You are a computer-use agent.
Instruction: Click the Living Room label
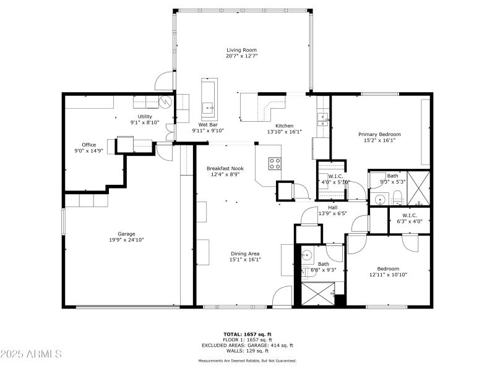coord(241,50)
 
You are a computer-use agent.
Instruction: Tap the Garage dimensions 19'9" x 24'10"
coord(126,240)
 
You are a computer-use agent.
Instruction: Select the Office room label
coord(89,145)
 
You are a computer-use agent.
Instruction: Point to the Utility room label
coord(145,116)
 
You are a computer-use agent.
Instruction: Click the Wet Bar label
coord(207,125)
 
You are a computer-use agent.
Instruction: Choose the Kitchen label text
coord(284,126)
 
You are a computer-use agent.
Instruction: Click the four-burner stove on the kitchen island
coord(275,164)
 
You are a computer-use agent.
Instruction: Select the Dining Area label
coord(245,254)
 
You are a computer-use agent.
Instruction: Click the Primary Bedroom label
coord(380,134)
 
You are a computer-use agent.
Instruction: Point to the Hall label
coord(332,207)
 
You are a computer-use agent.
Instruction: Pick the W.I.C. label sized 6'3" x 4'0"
coord(410,215)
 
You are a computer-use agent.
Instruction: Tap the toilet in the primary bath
coord(398,198)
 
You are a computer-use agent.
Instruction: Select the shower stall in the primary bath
coord(418,187)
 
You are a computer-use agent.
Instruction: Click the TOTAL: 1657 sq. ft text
coord(247,334)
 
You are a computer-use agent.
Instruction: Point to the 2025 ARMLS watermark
coord(31,354)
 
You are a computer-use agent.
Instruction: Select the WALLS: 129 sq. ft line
coord(247,351)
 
